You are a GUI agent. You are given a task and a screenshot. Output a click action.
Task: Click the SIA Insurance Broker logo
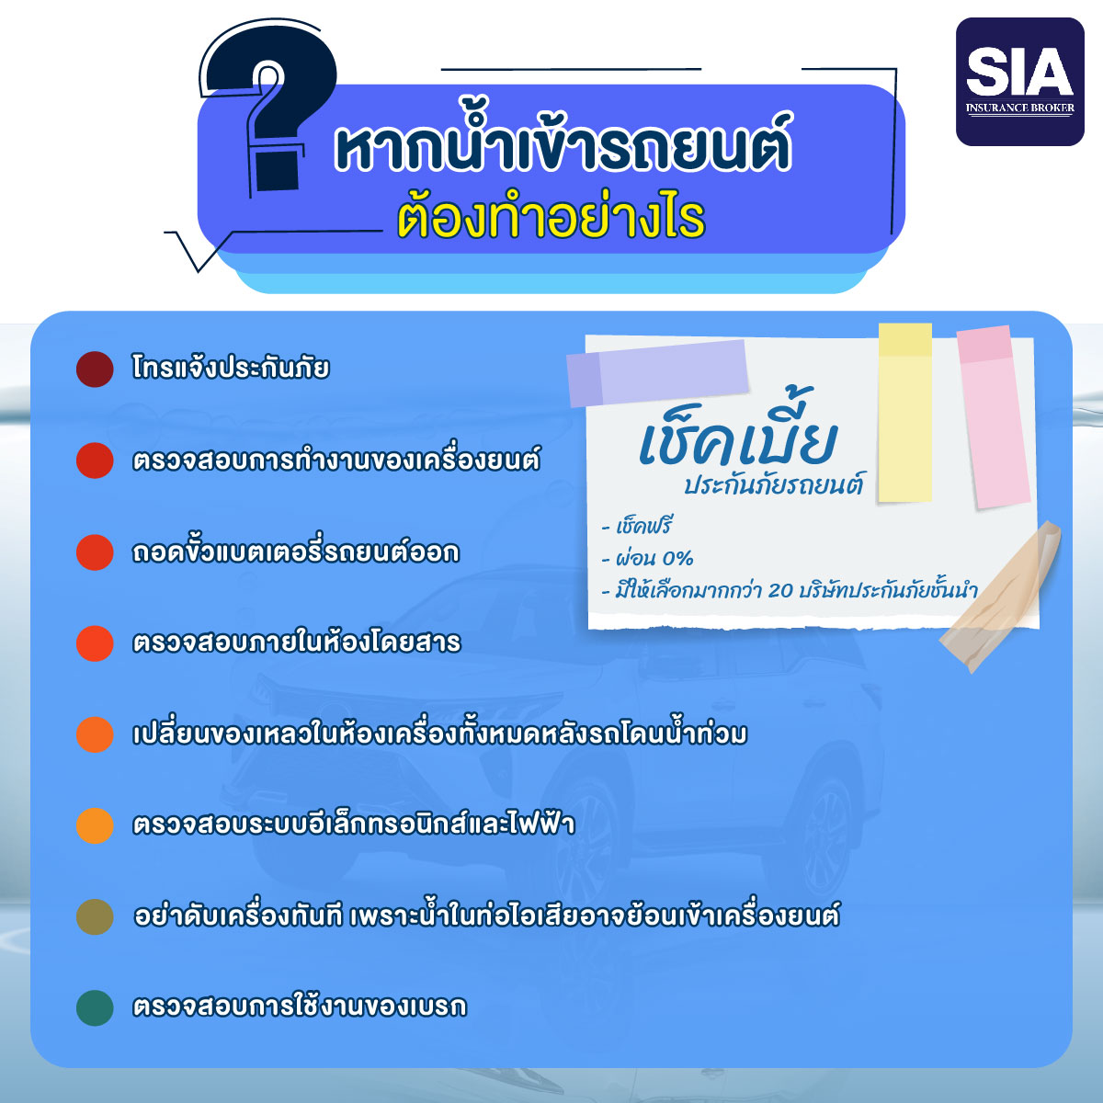coord(1020,82)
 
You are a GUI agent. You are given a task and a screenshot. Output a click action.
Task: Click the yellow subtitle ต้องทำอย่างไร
coord(551,218)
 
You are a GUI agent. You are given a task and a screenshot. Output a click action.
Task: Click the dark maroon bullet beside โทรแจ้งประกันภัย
coord(95,370)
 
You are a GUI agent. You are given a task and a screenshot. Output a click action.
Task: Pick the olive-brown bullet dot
coord(95,916)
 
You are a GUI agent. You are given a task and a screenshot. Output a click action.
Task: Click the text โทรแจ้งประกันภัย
coord(231,368)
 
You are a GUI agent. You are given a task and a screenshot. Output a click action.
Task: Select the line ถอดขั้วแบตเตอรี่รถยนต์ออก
coord(295,551)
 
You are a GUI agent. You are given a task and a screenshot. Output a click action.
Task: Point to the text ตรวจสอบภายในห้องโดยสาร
coord(297,642)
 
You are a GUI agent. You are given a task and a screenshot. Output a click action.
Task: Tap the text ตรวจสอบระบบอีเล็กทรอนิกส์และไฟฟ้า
coord(353,824)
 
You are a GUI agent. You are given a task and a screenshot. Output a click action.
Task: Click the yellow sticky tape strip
coord(905,413)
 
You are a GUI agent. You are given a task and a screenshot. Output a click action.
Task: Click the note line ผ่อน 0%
coord(648,558)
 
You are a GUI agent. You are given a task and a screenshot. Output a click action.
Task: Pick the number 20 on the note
coord(780,589)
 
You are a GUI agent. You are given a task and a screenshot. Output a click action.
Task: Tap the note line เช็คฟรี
coord(637,526)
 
